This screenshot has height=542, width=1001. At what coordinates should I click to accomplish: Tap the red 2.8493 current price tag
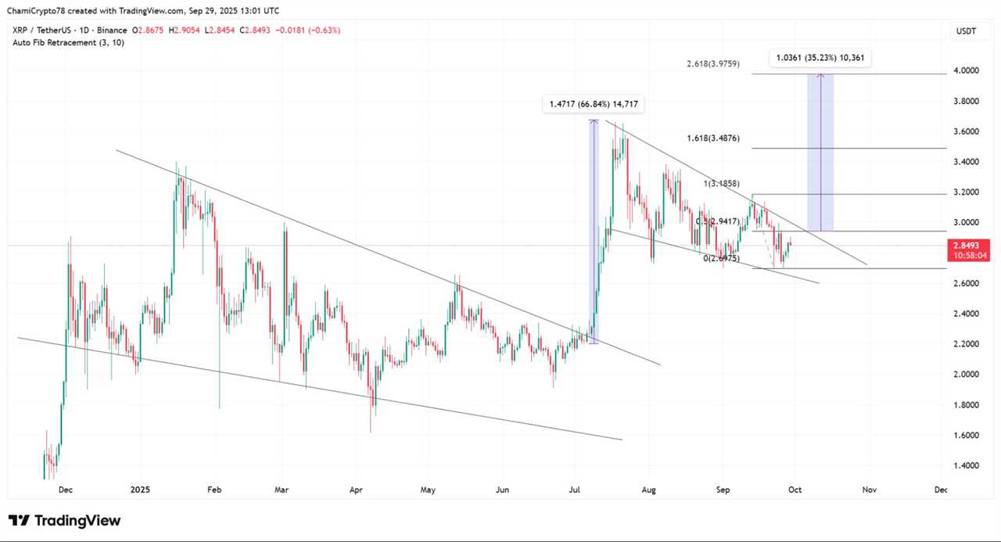tap(968, 245)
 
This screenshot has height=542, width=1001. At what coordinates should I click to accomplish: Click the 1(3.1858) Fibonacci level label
tap(727, 183)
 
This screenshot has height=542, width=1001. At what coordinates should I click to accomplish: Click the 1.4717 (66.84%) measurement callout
tap(594, 104)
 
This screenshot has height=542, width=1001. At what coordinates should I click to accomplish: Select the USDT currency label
tap(966, 31)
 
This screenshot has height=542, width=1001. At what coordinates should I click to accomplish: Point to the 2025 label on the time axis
tap(140, 490)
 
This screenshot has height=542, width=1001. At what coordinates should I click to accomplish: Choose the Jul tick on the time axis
tap(575, 490)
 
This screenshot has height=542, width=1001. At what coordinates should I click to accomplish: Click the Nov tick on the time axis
tap(868, 490)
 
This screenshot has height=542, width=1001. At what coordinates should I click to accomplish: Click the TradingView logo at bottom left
tap(65, 520)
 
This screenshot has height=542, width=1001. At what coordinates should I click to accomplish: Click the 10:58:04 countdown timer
tap(968, 255)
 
